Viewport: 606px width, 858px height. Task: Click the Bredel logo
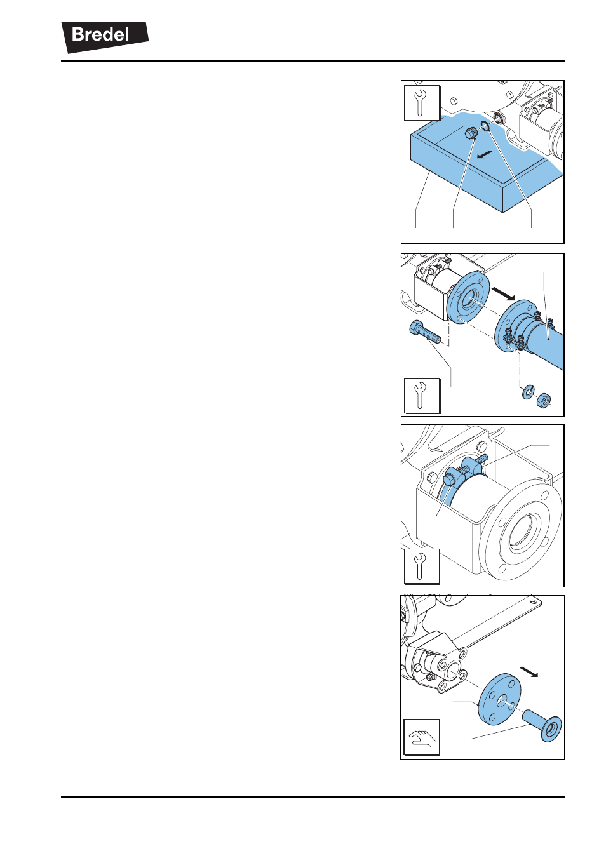[x=105, y=37]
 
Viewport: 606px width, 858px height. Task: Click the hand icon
[x=422, y=737]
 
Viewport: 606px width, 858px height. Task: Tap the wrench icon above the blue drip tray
[x=422, y=103]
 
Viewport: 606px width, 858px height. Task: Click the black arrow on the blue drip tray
[x=484, y=154]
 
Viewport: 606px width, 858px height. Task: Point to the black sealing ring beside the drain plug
[x=485, y=125]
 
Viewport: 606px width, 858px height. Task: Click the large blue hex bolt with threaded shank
[x=425, y=333]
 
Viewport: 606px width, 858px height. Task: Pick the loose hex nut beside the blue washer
[x=543, y=400]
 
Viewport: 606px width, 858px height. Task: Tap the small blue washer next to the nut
[x=527, y=392]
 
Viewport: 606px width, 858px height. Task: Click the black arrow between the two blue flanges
[x=503, y=294]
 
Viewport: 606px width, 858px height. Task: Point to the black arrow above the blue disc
[x=529, y=671]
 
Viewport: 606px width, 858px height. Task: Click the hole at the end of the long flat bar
[x=533, y=602]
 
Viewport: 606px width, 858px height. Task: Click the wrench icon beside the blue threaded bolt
[x=422, y=396]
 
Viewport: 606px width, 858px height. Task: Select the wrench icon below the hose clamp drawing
[x=422, y=566]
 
